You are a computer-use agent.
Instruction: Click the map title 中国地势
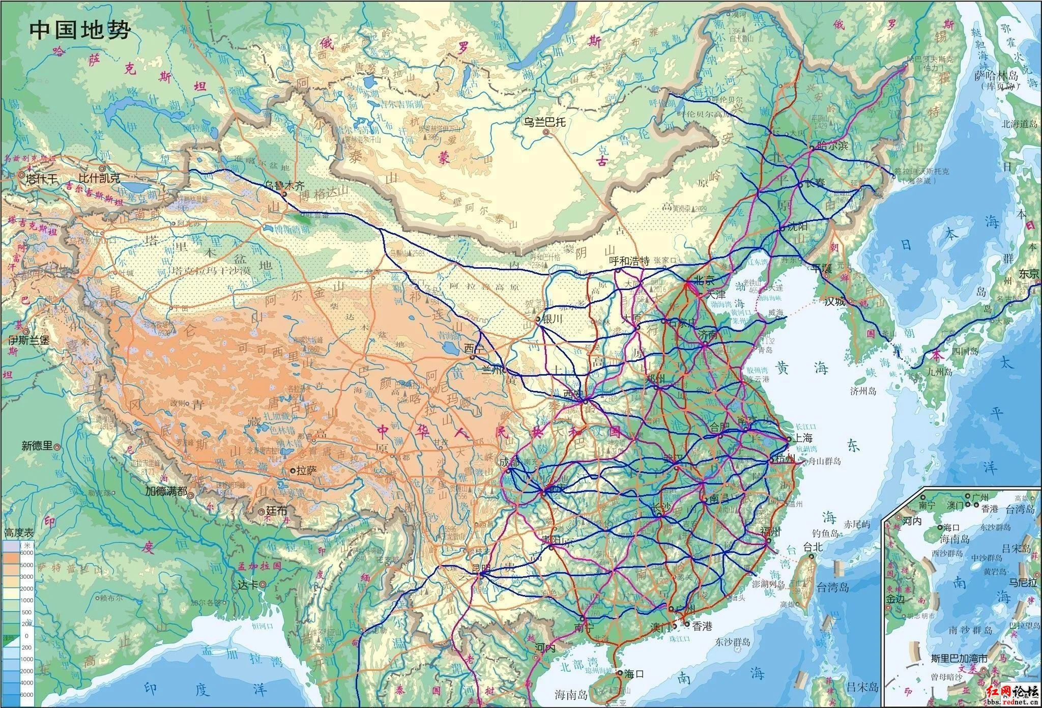pyautogui.click(x=80, y=30)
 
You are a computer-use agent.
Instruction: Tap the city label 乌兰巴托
pyautogui.click(x=545, y=122)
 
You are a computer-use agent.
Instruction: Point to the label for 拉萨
pyautogui.click(x=307, y=470)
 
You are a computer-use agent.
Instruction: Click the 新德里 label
pyautogui.click(x=37, y=446)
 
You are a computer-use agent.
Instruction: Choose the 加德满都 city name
pyautogui.click(x=166, y=491)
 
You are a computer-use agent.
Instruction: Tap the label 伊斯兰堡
pyautogui.click(x=28, y=339)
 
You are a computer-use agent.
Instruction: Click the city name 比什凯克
pyautogui.click(x=100, y=179)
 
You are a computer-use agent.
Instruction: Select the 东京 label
pyautogui.click(x=1029, y=274)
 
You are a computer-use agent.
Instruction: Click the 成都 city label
pyautogui.click(x=511, y=462)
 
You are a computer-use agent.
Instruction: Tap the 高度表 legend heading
pyautogui.click(x=19, y=533)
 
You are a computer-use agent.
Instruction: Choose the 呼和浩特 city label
pyautogui.click(x=629, y=261)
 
